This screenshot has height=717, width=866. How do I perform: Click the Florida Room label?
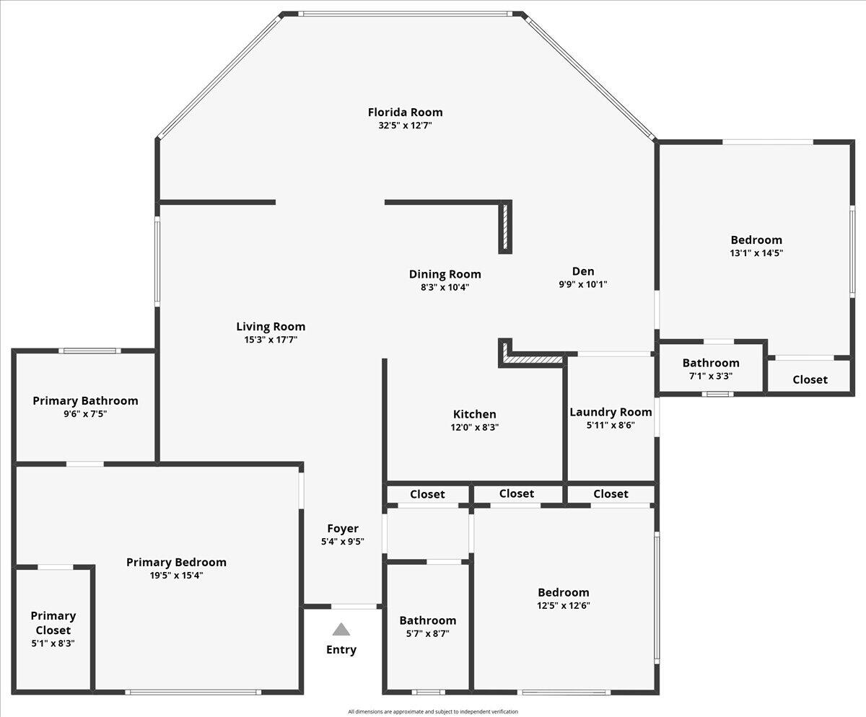405,112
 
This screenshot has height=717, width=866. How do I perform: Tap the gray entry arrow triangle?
341,630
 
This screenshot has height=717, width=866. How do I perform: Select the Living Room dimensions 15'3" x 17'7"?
271,339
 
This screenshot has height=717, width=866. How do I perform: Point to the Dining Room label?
445,274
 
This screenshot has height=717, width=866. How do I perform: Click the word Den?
583,271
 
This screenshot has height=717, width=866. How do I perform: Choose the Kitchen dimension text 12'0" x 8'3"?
474,427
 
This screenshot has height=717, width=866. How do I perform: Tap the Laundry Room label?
611,412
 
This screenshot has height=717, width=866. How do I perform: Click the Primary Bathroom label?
85,400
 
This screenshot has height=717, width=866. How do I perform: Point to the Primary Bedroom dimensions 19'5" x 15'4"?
176,575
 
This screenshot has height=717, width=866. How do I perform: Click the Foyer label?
342,528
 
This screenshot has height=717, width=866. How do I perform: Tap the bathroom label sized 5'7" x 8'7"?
428,620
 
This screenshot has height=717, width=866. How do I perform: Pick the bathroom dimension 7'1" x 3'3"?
711,375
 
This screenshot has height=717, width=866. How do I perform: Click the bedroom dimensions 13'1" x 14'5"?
756,253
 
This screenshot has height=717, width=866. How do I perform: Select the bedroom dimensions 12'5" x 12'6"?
563,606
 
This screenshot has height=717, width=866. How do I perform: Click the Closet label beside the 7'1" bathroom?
810,379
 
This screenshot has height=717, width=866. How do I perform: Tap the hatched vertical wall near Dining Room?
506,227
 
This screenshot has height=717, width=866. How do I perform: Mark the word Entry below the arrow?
341,649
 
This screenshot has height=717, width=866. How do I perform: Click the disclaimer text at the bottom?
433,712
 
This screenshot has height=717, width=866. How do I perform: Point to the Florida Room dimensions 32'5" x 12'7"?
405,126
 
